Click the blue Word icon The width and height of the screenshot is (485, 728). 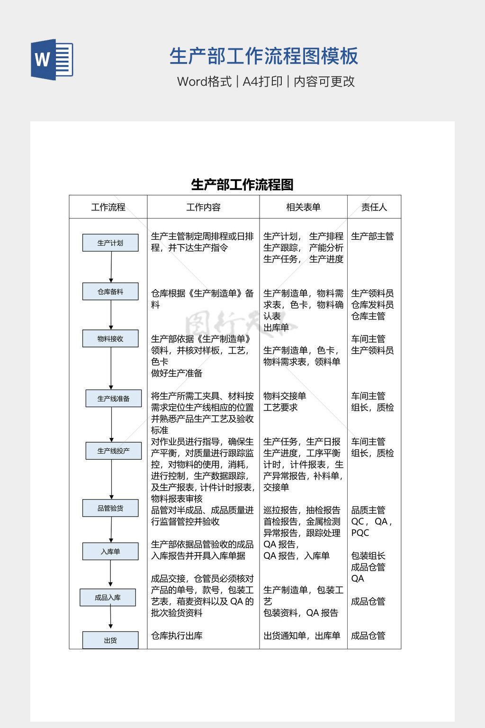coord(52,60)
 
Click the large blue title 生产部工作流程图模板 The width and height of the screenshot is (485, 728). coord(264,56)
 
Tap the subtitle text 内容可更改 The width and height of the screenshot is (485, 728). coord(324,82)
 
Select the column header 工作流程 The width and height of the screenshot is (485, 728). coord(108,207)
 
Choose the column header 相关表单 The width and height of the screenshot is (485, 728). coord(303,207)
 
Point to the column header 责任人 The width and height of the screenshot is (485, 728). coord(374,207)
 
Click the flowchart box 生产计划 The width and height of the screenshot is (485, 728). coord(110,243)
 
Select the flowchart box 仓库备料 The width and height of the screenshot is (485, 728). coord(110,291)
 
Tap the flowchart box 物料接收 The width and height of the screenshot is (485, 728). coord(110,338)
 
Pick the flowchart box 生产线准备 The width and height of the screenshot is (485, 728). coord(113,398)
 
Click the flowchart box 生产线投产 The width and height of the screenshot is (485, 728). coord(113,450)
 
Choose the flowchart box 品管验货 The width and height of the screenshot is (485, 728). coord(110,508)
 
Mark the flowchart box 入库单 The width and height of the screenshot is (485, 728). coord(110,551)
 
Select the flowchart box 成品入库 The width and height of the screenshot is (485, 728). coord(108,597)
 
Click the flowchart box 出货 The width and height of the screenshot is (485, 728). coord(110,640)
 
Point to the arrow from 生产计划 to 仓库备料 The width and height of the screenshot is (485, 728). coord(111,267)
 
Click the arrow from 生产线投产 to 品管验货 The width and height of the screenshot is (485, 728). coord(111,479)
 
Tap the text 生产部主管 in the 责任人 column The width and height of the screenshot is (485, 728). coord(372,236)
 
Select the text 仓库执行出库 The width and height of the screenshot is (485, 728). coord(177,636)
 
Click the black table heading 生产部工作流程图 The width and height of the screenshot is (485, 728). coord(242,184)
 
